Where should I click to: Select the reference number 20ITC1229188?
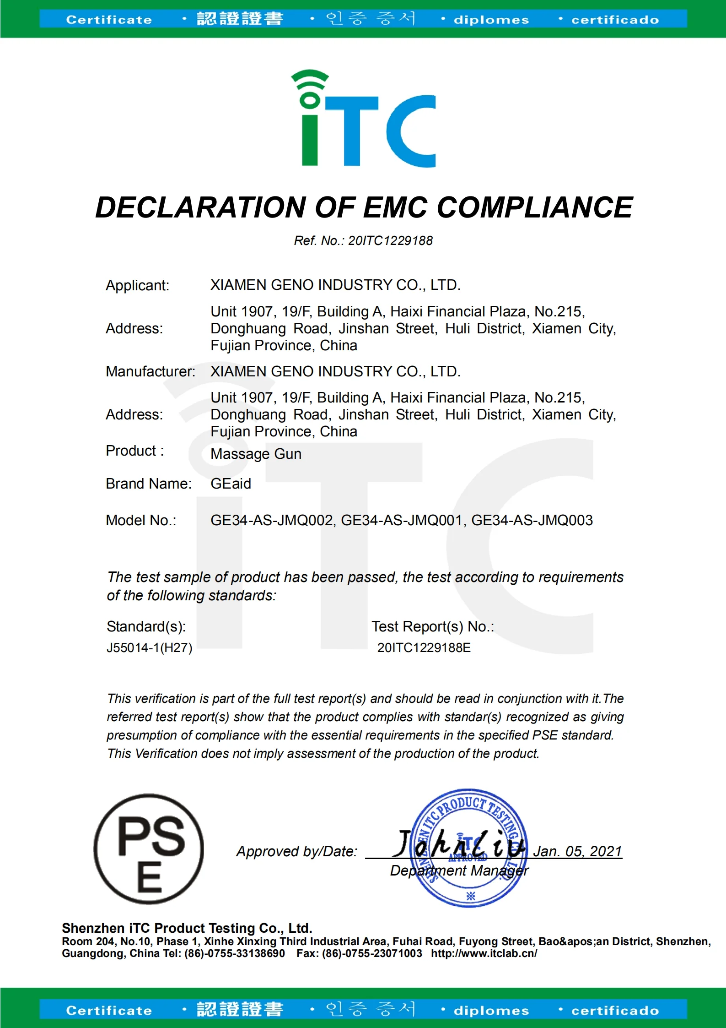(x=390, y=240)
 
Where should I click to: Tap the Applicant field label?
(x=137, y=285)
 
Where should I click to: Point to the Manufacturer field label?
(x=151, y=371)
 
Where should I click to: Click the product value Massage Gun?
(x=256, y=454)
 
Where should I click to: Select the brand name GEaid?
(x=231, y=484)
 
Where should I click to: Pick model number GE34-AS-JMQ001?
(x=401, y=520)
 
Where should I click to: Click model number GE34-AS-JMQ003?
(x=532, y=520)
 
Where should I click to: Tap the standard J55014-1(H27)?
(x=149, y=647)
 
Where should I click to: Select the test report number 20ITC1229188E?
(x=424, y=647)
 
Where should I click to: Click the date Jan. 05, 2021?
(x=577, y=851)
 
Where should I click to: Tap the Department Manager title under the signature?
(x=459, y=870)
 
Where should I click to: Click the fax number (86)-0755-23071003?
(x=371, y=953)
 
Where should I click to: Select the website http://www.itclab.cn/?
(x=484, y=953)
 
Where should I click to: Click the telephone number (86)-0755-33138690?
(x=234, y=953)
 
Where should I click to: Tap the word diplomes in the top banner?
(x=491, y=20)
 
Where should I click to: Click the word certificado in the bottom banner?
(x=615, y=1011)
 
